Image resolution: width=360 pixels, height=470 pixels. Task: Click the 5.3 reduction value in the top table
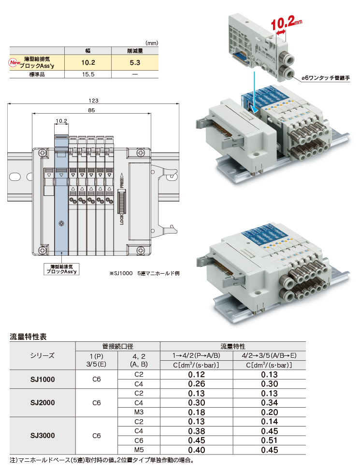[x=135, y=62]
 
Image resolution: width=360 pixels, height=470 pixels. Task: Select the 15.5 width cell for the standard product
[x=88, y=74]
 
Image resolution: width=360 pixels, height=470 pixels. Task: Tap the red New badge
[x=14, y=62]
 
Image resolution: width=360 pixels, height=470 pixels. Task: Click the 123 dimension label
[x=93, y=101]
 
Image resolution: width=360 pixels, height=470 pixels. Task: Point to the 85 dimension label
[x=91, y=110]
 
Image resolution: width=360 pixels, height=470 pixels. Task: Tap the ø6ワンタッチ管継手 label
[x=326, y=78]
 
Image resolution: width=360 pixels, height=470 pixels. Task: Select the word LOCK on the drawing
[x=122, y=219]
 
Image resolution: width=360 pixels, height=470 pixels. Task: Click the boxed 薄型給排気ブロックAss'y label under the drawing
[x=61, y=269]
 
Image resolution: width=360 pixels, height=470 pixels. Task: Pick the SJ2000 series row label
[x=43, y=403]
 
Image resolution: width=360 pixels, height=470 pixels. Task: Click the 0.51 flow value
[x=269, y=441]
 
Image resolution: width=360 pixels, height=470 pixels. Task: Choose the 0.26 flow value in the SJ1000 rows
[x=197, y=383]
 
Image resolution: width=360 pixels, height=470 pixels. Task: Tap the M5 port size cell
[x=139, y=450]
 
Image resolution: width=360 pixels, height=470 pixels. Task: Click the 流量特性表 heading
[x=28, y=337]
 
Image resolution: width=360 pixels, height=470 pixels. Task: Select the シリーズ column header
[x=43, y=355]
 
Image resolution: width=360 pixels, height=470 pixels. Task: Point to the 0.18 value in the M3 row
[x=197, y=412]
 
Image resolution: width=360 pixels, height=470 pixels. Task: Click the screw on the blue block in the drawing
[x=61, y=223]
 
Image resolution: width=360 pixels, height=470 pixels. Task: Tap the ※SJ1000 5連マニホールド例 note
[x=144, y=273]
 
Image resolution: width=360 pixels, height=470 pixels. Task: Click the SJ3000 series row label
[x=43, y=436]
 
